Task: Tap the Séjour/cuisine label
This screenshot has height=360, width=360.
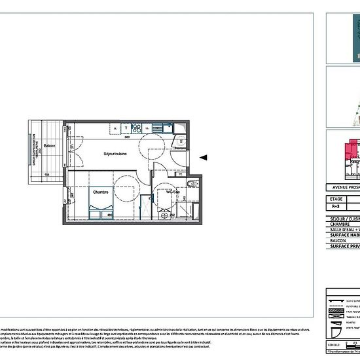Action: [x=115, y=153]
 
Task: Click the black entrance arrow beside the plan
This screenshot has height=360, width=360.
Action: [x=203, y=157]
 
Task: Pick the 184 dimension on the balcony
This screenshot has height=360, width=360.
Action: [x=46, y=175]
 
